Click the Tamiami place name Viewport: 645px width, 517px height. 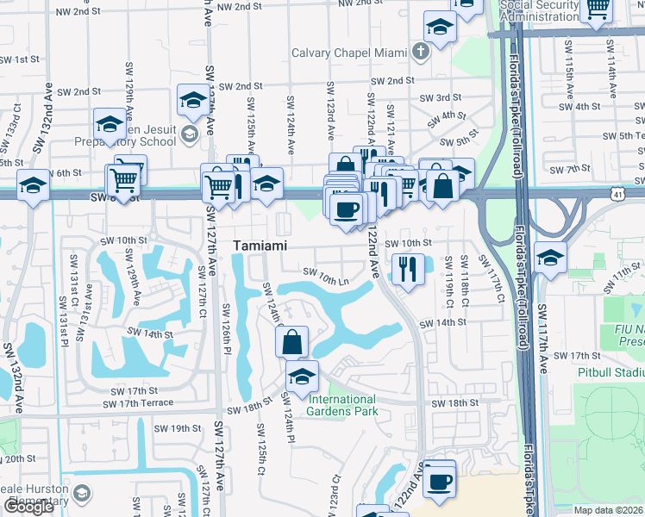(260, 246)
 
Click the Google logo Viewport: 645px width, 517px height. (28, 507)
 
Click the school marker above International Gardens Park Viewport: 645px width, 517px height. (302, 376)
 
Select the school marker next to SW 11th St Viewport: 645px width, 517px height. (549, 257)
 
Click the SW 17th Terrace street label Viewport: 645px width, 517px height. (137, 402)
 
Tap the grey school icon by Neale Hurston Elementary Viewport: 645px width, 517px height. (82, 494)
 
